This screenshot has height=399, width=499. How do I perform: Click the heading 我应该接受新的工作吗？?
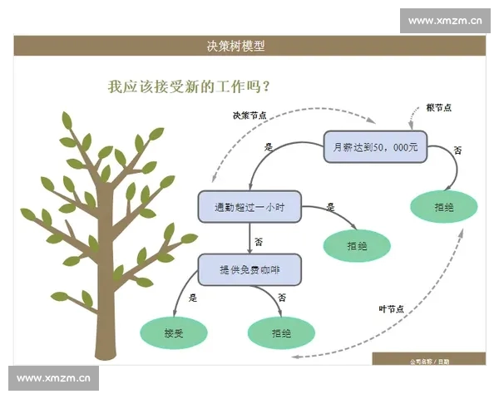[193, 86]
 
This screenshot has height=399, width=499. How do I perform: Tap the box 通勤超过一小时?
[249, 207]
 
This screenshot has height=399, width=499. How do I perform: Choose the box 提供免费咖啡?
[249, 269]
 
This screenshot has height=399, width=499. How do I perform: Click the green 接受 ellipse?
[174, 332]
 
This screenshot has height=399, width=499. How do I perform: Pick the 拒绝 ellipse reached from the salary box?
[444, 207]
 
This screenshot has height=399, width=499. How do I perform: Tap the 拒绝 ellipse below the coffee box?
[281, 332]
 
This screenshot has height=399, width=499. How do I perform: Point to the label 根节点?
[438, 108]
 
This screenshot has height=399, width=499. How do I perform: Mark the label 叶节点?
[391, 309]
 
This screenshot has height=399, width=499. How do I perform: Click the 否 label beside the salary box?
[457, 150]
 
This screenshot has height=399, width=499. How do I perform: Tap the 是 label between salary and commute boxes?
[269, 147]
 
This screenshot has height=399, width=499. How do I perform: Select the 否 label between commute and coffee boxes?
[259, 242]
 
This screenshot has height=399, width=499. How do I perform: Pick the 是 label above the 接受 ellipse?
[193, 297]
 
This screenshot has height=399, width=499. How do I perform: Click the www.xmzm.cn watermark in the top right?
[445, 21]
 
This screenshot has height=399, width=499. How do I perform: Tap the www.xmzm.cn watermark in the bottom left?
[53, 377]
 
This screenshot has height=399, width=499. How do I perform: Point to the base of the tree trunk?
[106, 349]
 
